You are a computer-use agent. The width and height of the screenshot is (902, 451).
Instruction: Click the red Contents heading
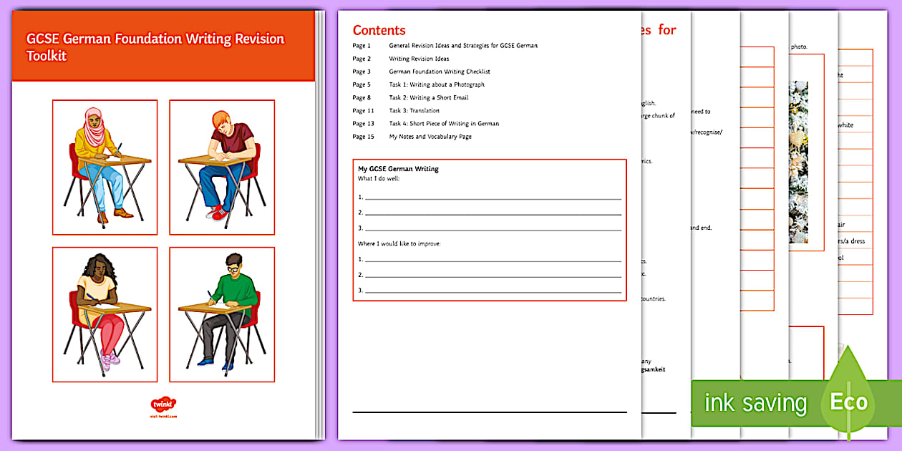(x=379, y=30)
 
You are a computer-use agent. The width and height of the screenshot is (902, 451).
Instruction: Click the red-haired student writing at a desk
(x=222, y=166)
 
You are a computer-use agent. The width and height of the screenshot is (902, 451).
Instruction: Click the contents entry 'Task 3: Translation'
(x=414, y=110)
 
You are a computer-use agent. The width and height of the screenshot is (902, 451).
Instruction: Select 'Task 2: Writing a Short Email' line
(x=428, y=97)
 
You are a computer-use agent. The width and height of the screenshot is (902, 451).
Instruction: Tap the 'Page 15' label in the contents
(x=362, y=136)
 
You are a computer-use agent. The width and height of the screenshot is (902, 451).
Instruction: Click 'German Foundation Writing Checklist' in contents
(x=439, y=72)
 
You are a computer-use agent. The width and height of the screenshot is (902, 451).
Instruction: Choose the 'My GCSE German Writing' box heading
(x=398, y=169)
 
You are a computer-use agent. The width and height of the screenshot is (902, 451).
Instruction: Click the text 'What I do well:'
(x=379, y=178)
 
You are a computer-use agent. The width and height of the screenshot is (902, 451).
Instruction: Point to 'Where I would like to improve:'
(x=399, y=244)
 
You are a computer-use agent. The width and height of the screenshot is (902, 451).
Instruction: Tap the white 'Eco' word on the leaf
(x=848, y=402)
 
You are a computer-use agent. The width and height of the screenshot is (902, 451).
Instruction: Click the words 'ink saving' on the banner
(x=755, y=403)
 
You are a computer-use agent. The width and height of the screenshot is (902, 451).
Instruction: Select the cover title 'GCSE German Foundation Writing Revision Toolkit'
(x=155, y=47)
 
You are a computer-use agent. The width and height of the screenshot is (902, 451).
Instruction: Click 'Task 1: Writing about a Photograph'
(x=436, y=84)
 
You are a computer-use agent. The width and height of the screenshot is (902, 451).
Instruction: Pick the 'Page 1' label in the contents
(x=362, y=46)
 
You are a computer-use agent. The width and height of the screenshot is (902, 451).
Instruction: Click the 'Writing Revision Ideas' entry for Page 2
(x=419, y=59)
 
